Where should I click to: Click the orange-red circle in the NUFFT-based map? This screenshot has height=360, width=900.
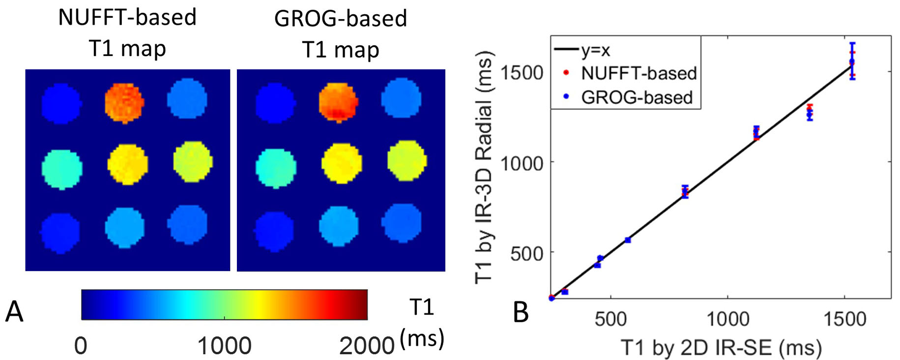[124, 103]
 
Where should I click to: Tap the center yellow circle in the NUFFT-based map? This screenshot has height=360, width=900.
[127, 164]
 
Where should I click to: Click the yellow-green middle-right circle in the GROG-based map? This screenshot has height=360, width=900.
[407, 160]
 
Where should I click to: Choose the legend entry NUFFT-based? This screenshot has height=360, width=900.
[639, 73]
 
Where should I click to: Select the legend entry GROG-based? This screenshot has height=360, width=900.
[637, 97]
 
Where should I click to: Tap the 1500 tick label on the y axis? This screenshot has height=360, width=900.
[522, 73]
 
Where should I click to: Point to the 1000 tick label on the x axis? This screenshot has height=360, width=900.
[727, 320]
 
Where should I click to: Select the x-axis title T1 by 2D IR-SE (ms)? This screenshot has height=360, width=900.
[721, 348]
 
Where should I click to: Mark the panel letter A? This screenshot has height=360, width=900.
[14, 312]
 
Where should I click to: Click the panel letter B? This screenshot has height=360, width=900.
[521, 312]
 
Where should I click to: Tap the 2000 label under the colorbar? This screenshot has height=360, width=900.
[367, 346]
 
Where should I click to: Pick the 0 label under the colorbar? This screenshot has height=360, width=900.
[81, 346]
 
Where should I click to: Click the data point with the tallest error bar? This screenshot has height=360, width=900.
[852, 61]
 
